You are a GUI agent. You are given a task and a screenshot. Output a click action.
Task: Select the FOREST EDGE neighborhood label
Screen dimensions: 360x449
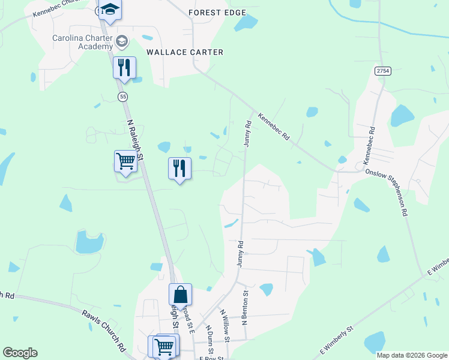[217, 12]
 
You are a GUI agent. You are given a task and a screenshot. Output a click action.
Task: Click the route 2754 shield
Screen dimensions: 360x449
[383, 71]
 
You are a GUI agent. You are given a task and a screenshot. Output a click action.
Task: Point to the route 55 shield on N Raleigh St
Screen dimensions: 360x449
[123, 96]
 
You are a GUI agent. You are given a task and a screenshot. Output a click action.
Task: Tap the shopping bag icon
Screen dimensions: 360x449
[180, 295]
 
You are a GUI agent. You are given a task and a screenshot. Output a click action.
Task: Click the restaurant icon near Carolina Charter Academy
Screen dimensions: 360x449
[124, 67]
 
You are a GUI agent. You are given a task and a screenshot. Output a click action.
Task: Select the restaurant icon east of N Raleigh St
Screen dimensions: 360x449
[179, 169]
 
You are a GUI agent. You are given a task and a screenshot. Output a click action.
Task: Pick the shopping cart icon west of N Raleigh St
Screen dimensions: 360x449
[125, 161]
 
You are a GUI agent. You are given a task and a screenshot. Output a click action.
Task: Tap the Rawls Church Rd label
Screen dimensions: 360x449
[104, 329]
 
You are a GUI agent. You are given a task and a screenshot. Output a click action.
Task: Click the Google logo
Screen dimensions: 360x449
[20, 353]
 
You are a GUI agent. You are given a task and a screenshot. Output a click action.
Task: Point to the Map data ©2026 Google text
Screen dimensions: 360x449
[412, 355]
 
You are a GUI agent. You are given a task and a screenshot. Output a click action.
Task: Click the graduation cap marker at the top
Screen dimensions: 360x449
[110, 10]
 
